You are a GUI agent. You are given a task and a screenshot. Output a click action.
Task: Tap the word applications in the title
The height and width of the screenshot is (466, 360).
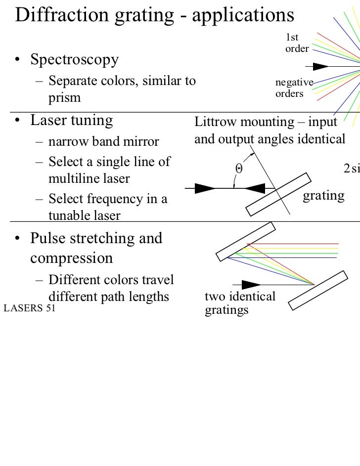242,16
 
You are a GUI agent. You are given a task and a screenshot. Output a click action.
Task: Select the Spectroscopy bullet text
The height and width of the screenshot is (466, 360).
74,60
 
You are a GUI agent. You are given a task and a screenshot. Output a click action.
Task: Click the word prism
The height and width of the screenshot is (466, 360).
64,97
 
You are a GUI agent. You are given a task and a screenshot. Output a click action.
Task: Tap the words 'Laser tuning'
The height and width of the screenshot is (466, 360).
71,120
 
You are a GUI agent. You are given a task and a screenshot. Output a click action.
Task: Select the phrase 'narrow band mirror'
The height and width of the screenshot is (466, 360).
104,142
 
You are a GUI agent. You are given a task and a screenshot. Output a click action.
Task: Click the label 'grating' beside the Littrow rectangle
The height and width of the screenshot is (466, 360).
323,196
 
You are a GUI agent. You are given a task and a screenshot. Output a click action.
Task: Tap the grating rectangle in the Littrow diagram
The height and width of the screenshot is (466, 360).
279,194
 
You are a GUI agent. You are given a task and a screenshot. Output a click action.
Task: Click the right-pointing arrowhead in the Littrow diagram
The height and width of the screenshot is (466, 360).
204,188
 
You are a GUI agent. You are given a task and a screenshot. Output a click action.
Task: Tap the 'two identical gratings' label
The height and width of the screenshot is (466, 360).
239,303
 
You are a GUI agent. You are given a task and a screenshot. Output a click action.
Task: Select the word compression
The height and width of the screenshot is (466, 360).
71,258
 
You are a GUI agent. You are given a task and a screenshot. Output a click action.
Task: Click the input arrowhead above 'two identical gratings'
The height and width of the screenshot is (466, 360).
251,285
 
